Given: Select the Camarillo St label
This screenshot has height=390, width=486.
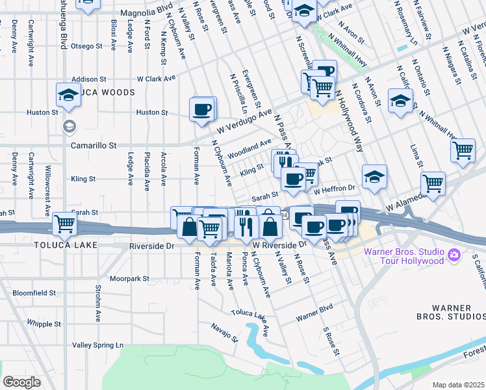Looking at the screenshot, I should [x=94, y=146].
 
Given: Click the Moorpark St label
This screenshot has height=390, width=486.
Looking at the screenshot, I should [x=129, y=278].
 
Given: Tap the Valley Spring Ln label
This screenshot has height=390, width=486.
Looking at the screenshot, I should [x=97, y=345].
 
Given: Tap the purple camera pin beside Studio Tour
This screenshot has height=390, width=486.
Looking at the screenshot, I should [x=455, y=255].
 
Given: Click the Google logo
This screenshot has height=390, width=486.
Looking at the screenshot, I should [x=21, y=382].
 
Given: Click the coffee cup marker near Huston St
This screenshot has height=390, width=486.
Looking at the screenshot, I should [x=202, y=109].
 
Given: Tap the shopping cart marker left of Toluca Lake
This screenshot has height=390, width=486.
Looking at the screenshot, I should [x=64, y=224].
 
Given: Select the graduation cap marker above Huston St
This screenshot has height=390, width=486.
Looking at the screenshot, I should [x=67, y=95].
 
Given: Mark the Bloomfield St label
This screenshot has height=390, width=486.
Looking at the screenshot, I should [x=34, y=293].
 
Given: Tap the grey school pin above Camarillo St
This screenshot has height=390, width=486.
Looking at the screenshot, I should [x=68, y=126].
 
